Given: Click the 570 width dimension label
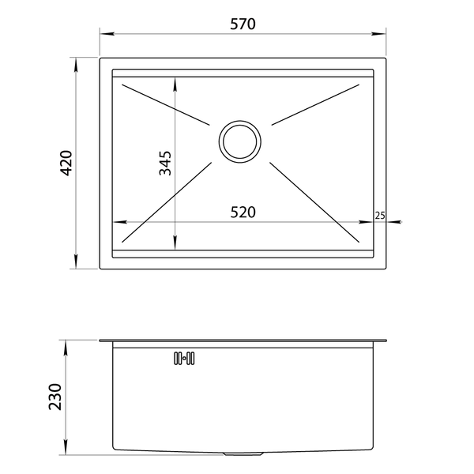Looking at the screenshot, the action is [243, 24].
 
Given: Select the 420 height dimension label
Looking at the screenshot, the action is [66, 163].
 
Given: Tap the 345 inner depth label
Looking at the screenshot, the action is [165, 163].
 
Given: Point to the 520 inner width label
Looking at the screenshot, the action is [243, 213].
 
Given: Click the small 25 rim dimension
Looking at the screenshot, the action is [380, 216].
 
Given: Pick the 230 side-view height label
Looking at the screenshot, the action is [55, 397].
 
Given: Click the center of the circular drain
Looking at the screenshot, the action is [240, 141].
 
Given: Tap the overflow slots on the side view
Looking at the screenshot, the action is [184, 358].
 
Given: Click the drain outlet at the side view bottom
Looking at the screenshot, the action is [243, 453].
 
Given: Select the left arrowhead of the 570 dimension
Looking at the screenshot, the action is [107, 33].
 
